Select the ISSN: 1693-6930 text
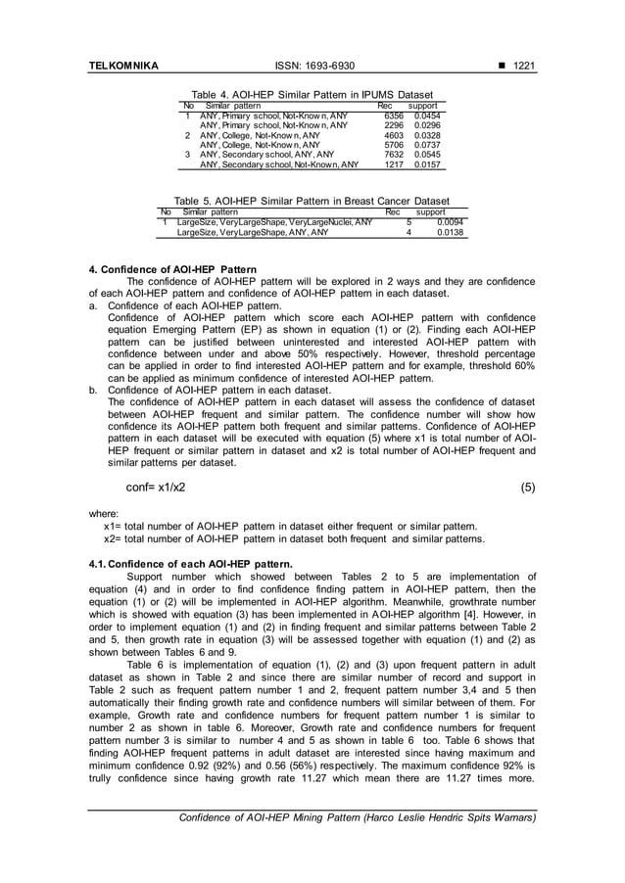click(x=312, y=66)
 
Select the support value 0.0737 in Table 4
click(x=428, y=144)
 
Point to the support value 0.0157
click(x=428, y=163)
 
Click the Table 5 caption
click(x=312, y=201)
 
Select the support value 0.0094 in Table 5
click(x=450, y=222)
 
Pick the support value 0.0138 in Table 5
click(x=450, y=232)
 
